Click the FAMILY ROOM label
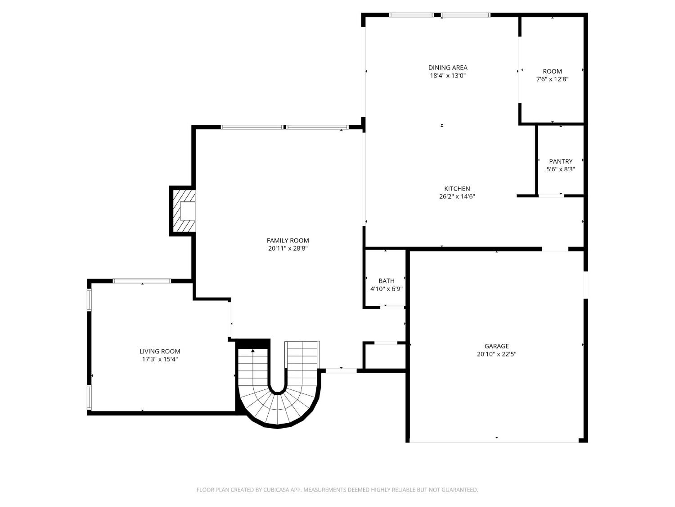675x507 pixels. coord(288,241)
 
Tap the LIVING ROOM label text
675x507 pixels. coord(160,352)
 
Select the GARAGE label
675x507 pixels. coord(496,346)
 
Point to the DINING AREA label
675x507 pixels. coord(448,68)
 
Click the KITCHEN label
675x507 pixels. coord(457,189)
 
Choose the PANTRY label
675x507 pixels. coord(561,161)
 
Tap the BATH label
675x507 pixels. coord(386,281)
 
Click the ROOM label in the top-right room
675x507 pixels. coord(552,71)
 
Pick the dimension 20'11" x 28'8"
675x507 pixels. coord(288,248)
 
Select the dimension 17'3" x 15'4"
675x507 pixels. coord(160,359)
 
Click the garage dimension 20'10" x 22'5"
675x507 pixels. coord(496,354)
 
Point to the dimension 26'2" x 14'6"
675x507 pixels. coord(457,196)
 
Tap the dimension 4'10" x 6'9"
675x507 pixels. coord(386,289)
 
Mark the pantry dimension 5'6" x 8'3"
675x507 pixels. coord(561,169)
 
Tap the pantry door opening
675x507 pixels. coord(551,196)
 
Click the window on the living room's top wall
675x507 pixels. coord(142,281)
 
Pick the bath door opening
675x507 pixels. coord(393,307)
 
